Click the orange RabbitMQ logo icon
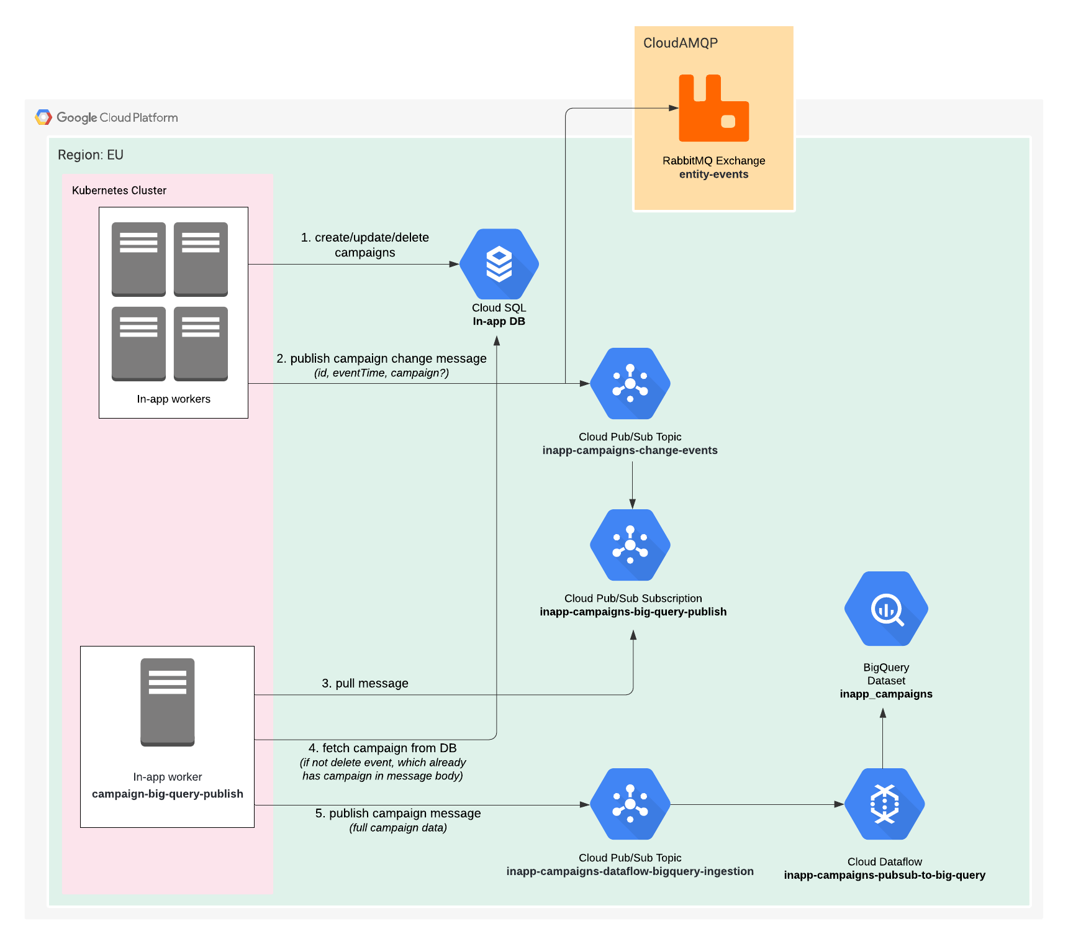(713, 109)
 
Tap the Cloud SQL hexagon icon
(499, 264)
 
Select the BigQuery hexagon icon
(886, 609)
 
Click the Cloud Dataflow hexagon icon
(884, 804)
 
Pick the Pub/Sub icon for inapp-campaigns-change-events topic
(630, 383)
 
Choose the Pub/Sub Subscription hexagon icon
(630, 545)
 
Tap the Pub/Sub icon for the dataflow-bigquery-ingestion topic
(630, 804)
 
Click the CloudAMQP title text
(680, 43)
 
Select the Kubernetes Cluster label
(119, 191)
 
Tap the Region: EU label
(91, 155)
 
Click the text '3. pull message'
(364, 683)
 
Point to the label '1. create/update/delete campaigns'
(364, 245)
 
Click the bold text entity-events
(713, 175)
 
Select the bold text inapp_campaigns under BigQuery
(885, 694)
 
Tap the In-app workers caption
(173, 399)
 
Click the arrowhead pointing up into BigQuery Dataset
(883, 714)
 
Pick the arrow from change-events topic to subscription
(632, 484)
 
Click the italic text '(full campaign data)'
(397, 828)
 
